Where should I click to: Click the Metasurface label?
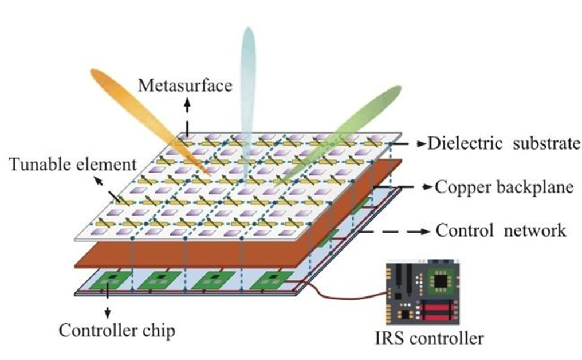(x=185, y=86)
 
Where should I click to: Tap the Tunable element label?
(x=73, y=165)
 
